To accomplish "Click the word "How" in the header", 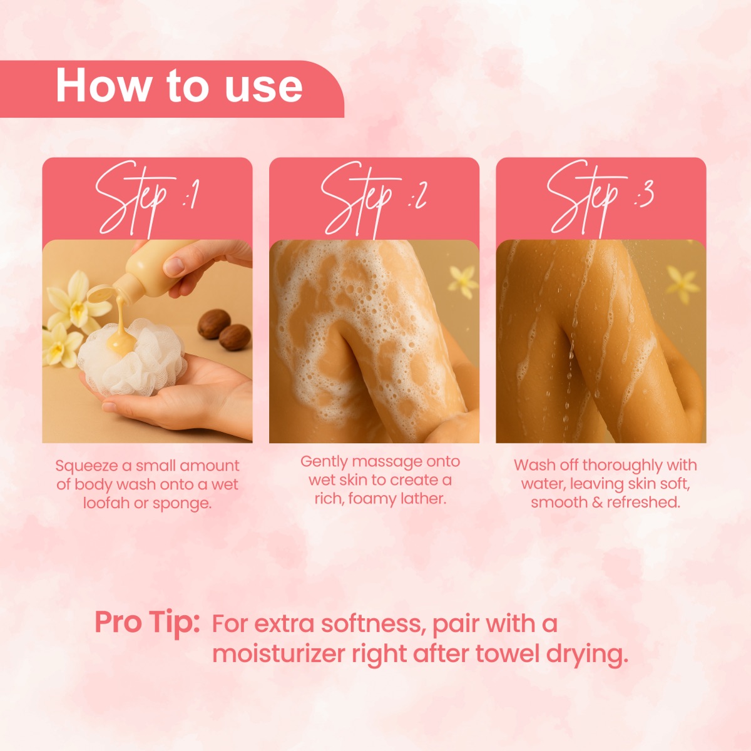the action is (x=104, y=85).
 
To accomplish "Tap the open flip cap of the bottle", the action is (x=100, y=293).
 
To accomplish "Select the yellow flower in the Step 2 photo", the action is (x=463, y=282).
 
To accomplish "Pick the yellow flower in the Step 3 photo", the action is (x=683, y=284).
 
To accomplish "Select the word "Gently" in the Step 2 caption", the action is (x=324, y=462).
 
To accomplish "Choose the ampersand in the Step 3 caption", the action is (x=597, y=503).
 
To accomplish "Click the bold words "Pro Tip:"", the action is (x=147, y=622).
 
